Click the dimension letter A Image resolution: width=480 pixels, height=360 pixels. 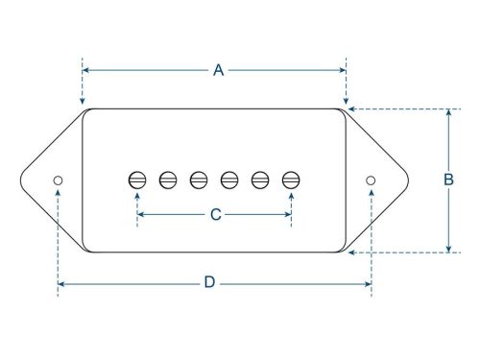point(218,70)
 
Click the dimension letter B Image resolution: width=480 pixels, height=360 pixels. point(447,180)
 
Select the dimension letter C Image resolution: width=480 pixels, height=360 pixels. point(215,215)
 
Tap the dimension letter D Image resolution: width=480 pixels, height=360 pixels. point(209,283)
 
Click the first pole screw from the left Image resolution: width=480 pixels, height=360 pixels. point(137,179)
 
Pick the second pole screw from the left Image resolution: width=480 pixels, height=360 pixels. point(168,179)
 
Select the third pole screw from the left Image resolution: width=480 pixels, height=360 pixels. point(199,179)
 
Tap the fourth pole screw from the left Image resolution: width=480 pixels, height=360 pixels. point(229,179)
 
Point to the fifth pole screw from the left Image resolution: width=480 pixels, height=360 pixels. point(260,179)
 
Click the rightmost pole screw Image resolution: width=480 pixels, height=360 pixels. point(291,179)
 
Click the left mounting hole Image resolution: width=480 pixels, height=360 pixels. point(58,180)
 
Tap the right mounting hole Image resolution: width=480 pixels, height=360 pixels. point(371,180)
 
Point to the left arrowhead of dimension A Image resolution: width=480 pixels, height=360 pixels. point(85,70)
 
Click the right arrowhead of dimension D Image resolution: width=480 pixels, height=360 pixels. point(368,283)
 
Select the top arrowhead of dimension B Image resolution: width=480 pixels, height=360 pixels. point(447,112)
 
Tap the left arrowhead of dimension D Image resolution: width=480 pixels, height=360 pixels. point(60,283)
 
